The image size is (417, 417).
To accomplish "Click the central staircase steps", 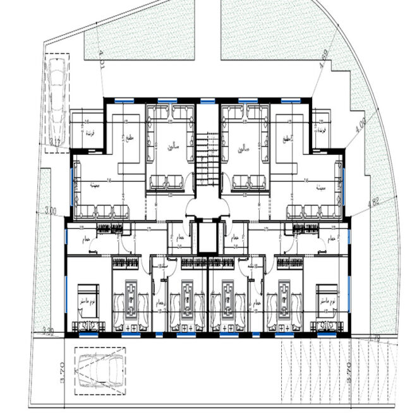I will coord(207,161).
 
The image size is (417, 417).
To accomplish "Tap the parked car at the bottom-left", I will coord(99,370).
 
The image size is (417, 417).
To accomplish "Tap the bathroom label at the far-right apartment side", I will coord(332,239).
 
